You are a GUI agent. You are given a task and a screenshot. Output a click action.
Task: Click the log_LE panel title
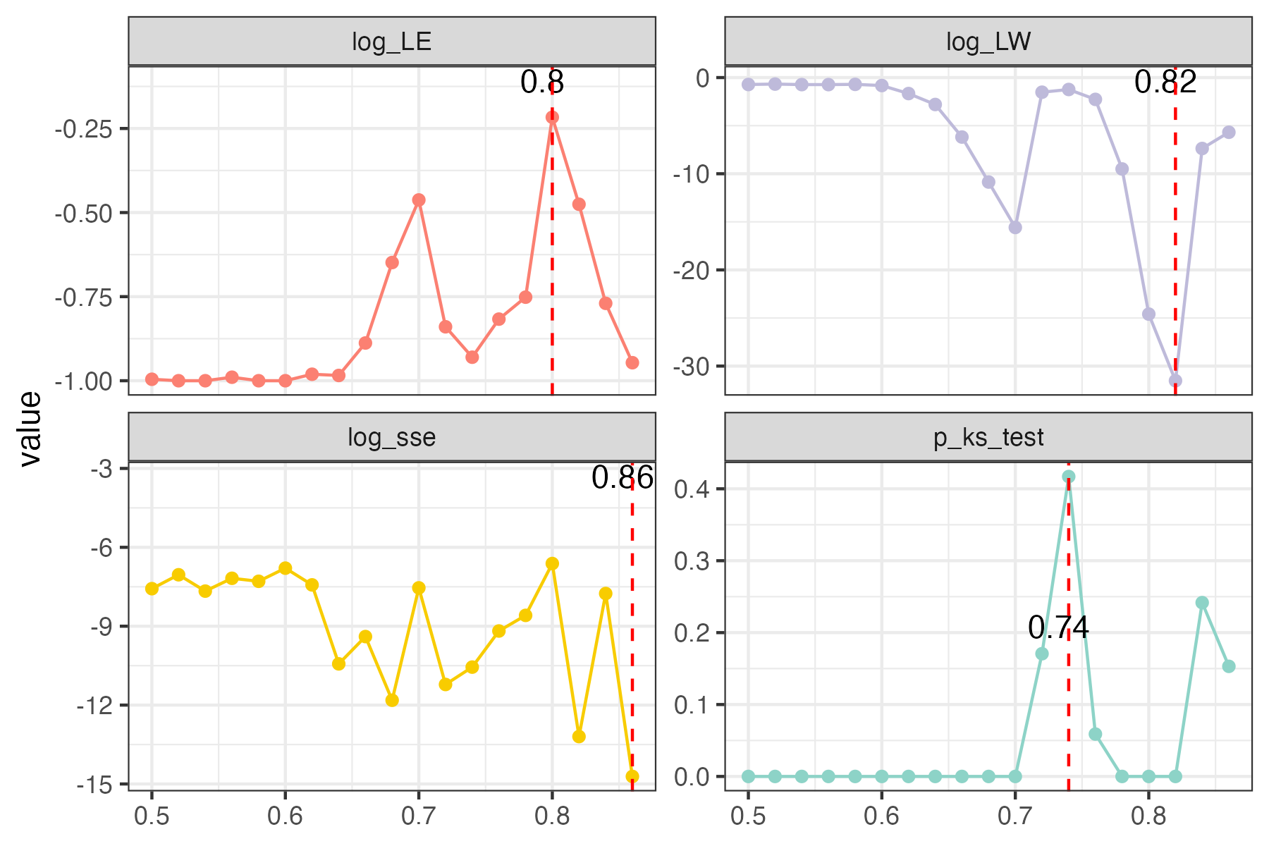pos(391,42)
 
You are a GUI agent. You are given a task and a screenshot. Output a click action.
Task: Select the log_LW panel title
pos(988,42)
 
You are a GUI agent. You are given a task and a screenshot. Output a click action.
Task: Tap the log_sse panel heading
pos(391,438)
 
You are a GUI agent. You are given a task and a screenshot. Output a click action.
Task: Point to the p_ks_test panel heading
pos(988,438)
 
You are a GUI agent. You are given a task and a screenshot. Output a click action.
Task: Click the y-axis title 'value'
pos(30,429)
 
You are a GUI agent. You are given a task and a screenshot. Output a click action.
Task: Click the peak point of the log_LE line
pos(552,117)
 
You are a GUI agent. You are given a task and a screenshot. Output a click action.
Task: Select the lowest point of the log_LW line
pos(1175,381)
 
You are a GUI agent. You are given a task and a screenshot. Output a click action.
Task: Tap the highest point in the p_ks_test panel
pos(1069,477)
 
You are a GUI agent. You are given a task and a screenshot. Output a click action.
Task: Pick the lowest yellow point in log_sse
pos(632,776)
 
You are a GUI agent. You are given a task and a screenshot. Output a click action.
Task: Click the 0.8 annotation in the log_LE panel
pos(542,82)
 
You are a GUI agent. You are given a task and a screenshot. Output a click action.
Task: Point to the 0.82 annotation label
pos(1165,82)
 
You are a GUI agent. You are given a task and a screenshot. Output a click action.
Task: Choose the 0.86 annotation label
pos(623,478)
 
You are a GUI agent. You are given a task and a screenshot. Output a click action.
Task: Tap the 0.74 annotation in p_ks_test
pos(1058,627)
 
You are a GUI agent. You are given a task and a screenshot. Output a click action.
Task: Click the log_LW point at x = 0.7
pos(1015,228)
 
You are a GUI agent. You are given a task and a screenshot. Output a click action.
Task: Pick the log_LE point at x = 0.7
pos(419,200)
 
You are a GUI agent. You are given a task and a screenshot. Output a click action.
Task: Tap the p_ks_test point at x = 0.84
pos(1202,603)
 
